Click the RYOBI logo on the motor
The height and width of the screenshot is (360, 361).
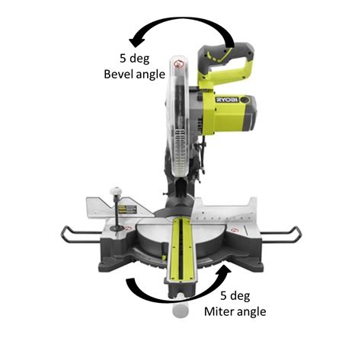tap(227, 100)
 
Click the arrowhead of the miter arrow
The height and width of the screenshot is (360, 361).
tap(224, 270)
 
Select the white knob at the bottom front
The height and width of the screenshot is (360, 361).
tap(180, 308)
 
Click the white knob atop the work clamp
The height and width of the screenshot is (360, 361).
tap(116, 191)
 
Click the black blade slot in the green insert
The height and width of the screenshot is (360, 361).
tap(180, 249)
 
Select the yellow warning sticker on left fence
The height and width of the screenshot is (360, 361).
tap(127, 209)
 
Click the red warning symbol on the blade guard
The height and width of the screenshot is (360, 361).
tap(177, 63)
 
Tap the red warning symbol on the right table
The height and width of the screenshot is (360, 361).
tap(234, 231)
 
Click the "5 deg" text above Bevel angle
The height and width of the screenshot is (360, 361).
tap(135, 59)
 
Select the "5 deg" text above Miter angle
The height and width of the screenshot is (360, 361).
tap(235, 296)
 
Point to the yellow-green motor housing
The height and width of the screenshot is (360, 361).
tap(228, 114)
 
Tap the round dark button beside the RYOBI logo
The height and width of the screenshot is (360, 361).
tap(244, 100)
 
